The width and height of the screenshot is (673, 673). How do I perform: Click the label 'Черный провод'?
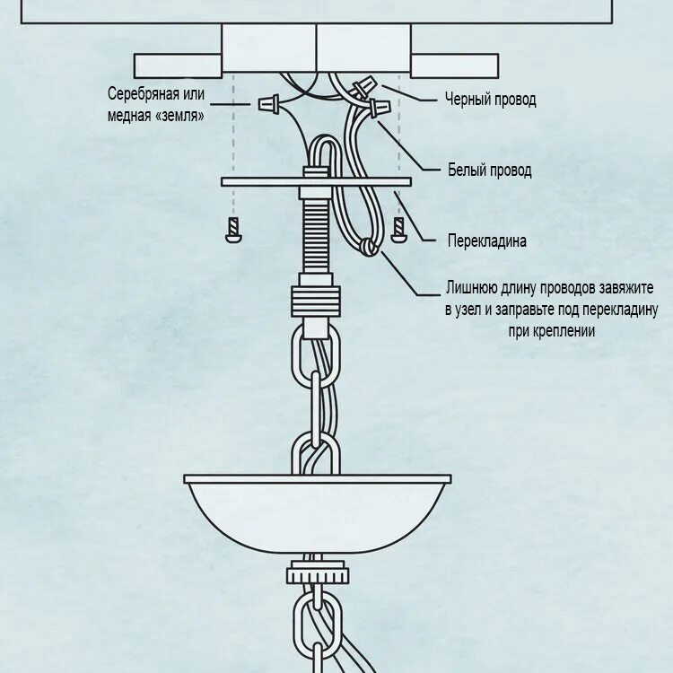pos(490,100)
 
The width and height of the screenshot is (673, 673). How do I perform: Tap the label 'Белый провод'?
pos(489,170)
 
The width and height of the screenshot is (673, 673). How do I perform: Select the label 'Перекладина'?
pos(486,240)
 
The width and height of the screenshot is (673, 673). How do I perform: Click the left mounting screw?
pos(232,231)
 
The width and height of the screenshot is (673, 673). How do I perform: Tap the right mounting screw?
pos(398,231)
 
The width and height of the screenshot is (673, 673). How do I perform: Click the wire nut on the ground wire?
pos(267,104)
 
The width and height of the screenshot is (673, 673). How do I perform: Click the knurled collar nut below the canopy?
pos(317,572)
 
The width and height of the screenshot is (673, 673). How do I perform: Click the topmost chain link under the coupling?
pos(316,354)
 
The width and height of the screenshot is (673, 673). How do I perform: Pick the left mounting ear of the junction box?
pos(178,66)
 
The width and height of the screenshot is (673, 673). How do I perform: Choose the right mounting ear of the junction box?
pos(454,66)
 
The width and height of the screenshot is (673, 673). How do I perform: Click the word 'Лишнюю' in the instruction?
pos(472,288)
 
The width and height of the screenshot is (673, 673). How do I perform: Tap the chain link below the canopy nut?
pos(317,625)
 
